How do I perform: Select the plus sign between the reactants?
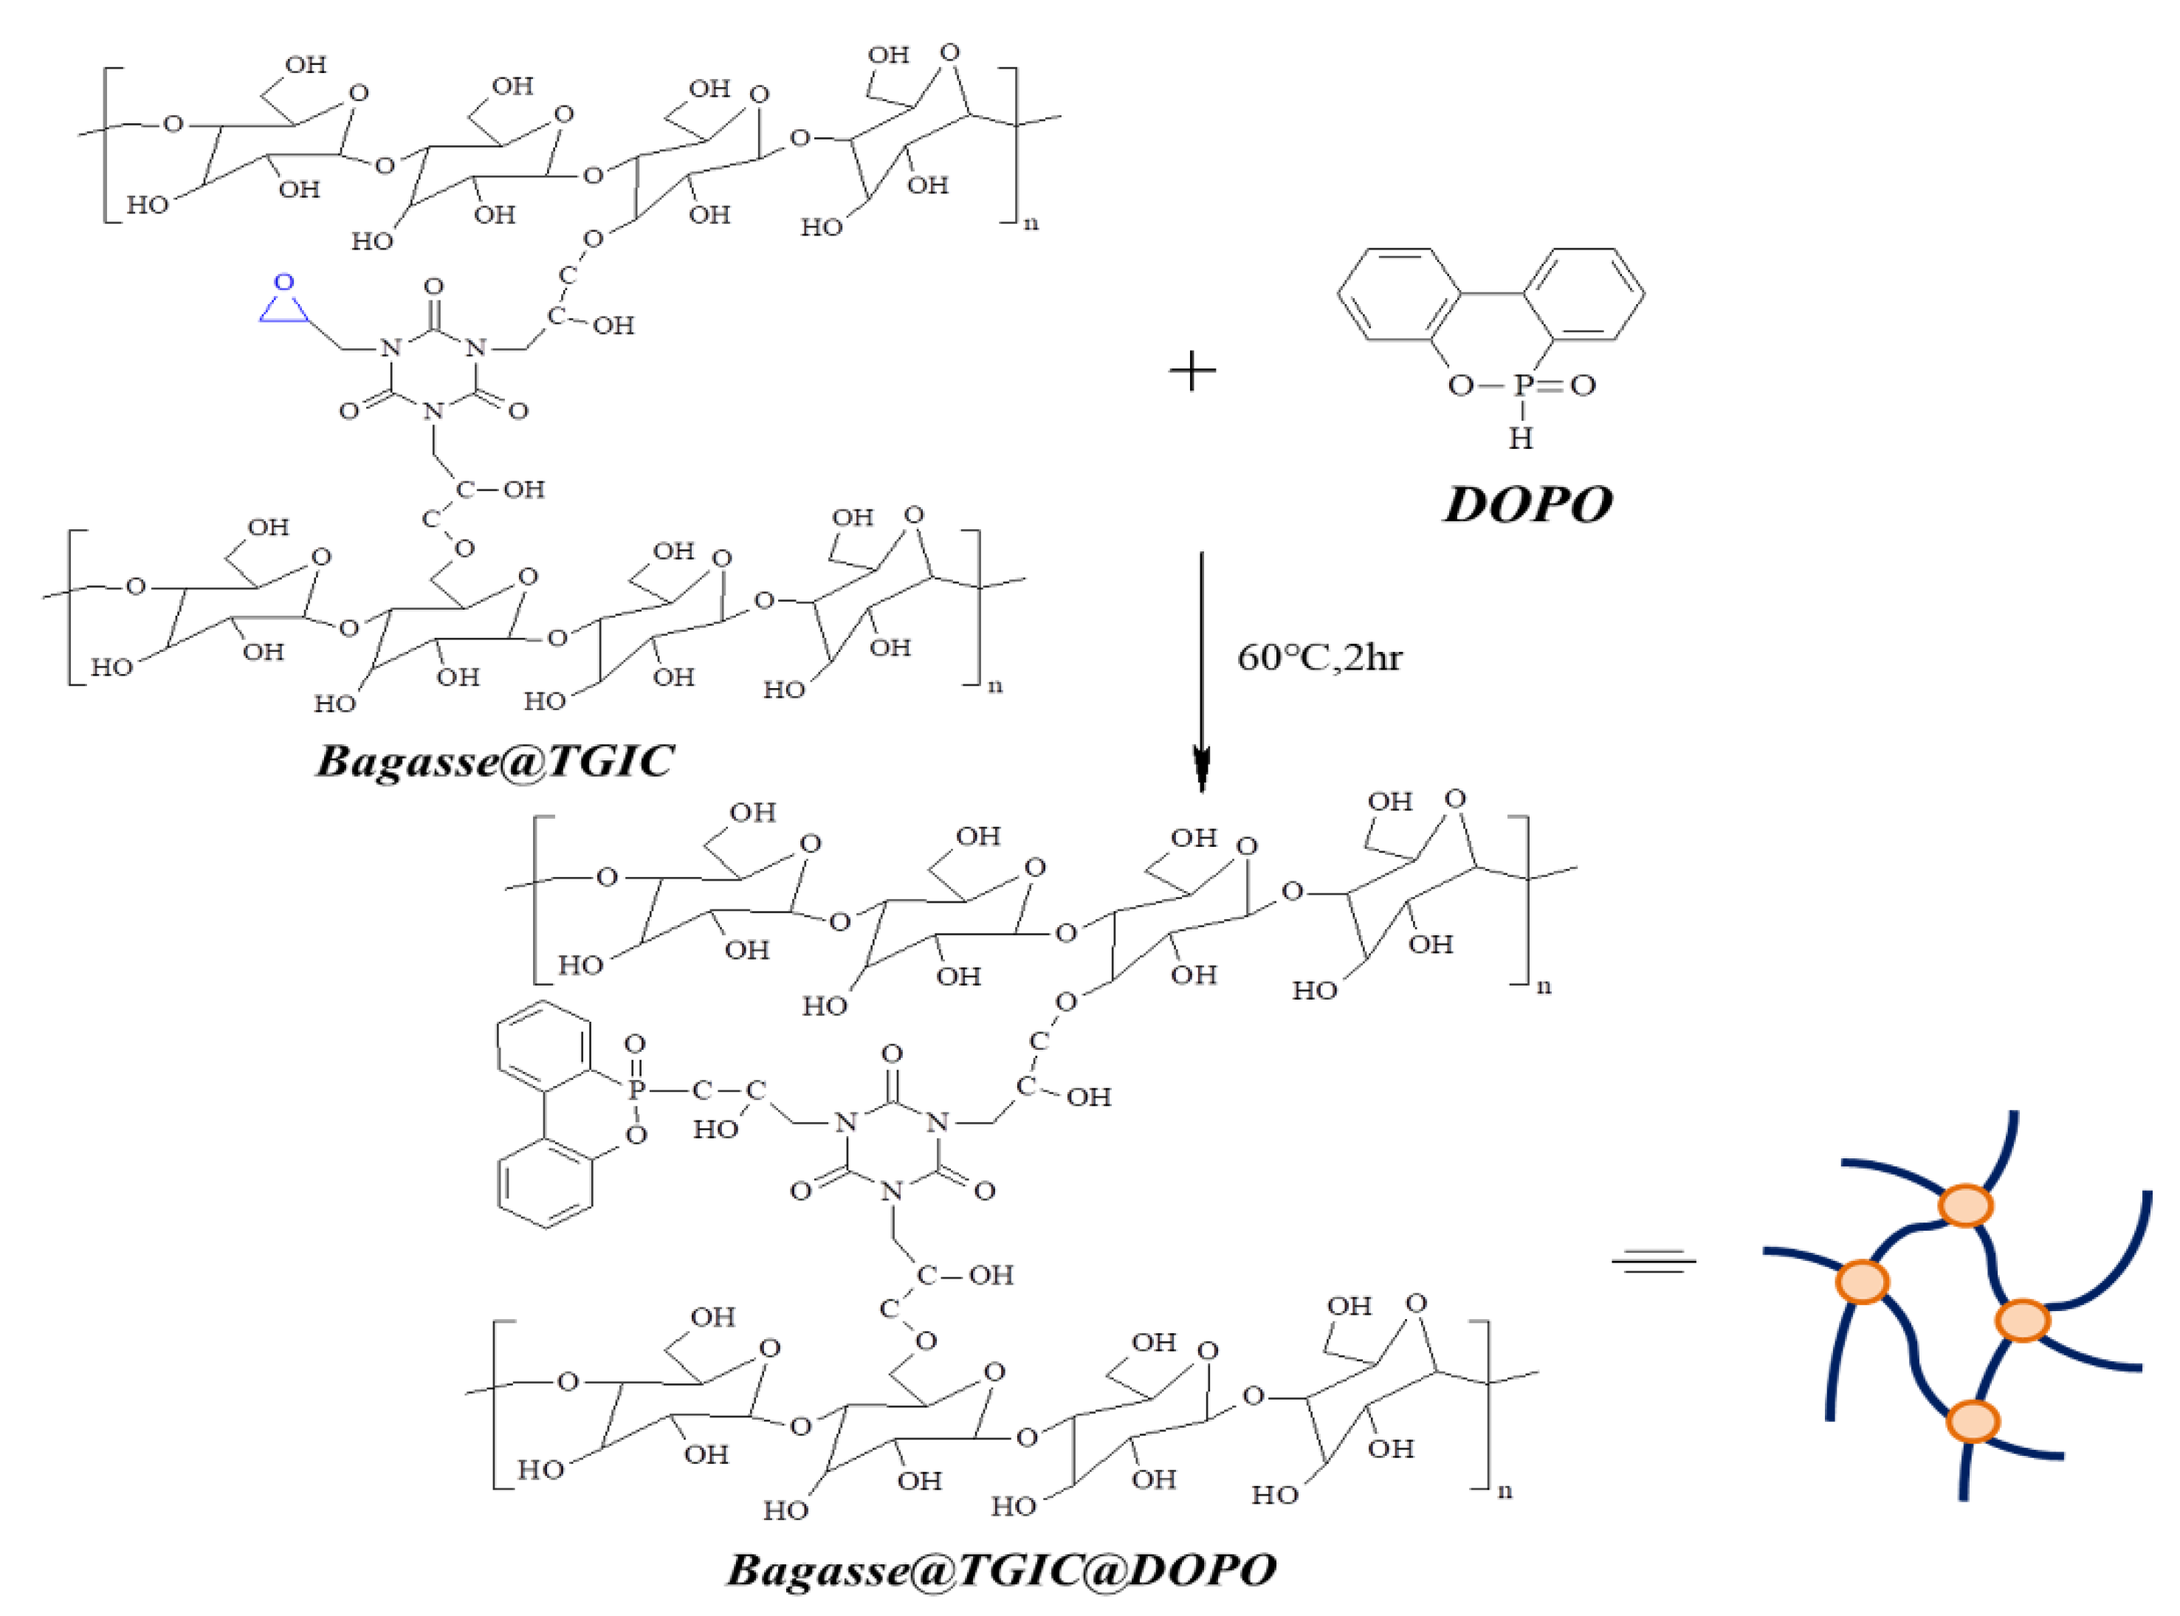pyautogui.click(x=1192, y=372)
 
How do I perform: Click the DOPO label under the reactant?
pyautogui.click(x=1527, y=506)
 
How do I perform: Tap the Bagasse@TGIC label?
pyautogui.click(x=494, y=760)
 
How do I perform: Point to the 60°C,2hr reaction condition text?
pyautogui.click(x=1318, y=657)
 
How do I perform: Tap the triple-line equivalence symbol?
pyautogui.click(x=1653, y=1262)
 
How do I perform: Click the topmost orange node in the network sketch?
pyautogui.click(x=1966, y=1205)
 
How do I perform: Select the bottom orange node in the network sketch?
pyautogui.click(x=1973, y=1420)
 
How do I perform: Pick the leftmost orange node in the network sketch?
pyautogui.click(x=1862, y=1282)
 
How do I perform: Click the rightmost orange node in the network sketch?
pyautogui.click(x=2021, y=1321)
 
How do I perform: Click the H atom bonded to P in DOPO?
pyautogui.click(x=1520, y=439)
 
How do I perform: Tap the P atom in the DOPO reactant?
pyautogui.click(x=1521, y=385)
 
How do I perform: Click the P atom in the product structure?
pyautogui.click(x=636, y=1090)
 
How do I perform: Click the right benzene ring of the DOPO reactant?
pyautogui.click(x=1583, y=295)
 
